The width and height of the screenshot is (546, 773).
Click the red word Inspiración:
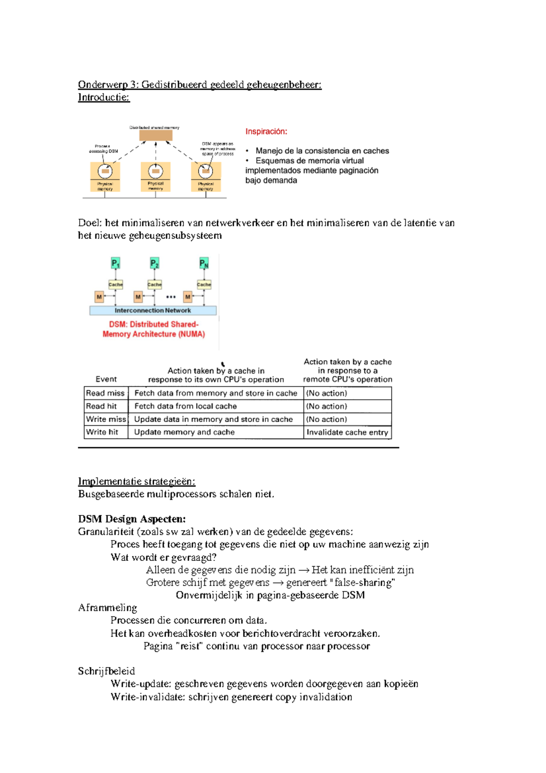266,132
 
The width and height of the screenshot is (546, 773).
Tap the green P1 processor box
116,263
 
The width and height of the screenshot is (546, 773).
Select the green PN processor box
204,263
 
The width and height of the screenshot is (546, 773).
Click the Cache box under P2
155,285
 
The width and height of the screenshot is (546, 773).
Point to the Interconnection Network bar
153,310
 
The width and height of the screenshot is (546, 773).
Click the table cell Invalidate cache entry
347,432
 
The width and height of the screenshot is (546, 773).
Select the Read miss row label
105,393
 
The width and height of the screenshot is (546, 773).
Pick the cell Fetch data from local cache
185,406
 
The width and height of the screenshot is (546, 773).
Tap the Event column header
106,379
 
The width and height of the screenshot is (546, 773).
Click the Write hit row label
102,432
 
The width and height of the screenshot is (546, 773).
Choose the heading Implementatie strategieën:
136,482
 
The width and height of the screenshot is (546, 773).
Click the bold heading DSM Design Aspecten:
131,519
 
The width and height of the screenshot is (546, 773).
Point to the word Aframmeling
107,608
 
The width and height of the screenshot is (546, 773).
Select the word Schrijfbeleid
106,671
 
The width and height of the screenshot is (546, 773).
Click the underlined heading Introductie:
104,97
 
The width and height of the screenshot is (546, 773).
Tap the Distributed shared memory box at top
156,135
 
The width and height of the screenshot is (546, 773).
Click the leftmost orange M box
99,297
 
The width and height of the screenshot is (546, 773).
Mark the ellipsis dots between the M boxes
171,297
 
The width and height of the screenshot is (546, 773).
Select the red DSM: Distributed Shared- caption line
153,324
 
